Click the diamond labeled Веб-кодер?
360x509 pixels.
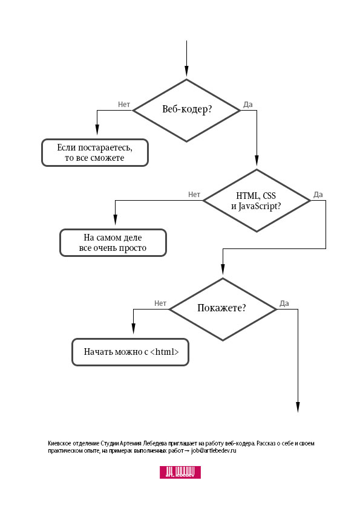tap(186, 110)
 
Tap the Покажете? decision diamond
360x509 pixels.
tap(222, 308)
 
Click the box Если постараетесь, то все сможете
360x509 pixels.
tap(94, 152)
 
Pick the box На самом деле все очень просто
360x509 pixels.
tap(113, 243)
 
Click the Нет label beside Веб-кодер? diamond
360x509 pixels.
tap(124, 104)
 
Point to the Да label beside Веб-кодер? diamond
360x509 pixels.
tap(247, 104)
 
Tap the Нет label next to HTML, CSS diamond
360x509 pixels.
tap(194, 195)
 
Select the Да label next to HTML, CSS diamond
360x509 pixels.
tap(318, 195)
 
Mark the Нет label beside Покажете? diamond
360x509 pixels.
tap(160, 303)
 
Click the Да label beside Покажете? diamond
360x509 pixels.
tap(284, 303)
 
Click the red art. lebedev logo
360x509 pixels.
tap(180, 472)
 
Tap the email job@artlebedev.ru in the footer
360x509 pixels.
tap(214, 451)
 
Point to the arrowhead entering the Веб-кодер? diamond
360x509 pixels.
tap(186, 74)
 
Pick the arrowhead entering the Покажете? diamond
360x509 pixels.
tap(223, 273)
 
